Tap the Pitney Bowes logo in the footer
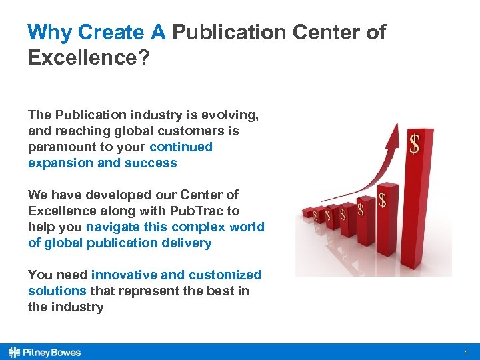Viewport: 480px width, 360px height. [45, 352]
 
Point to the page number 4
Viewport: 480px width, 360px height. [467, 352]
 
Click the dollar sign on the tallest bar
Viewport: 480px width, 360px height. [414, 144]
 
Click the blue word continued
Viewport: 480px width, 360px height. [181, 147]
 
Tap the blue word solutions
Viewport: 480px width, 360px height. [57, 291]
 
